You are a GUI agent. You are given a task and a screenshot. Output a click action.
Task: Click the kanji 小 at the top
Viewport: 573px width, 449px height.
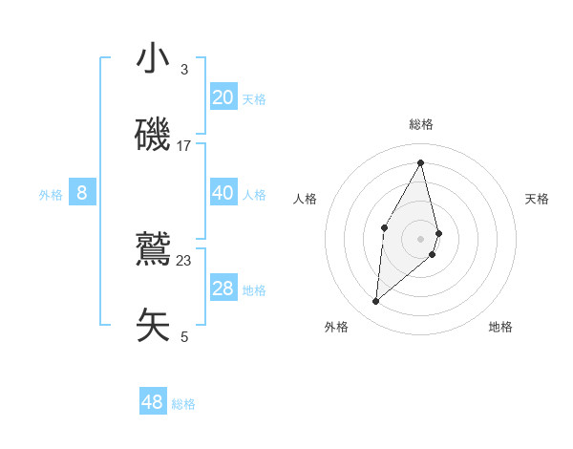tap(154, 58)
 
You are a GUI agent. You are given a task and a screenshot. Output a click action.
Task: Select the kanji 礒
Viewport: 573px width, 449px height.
tap(154, 135)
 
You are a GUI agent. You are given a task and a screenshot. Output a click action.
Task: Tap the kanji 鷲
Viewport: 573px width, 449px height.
tap(154, 249)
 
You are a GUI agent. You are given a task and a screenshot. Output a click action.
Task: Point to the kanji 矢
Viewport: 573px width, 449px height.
tap(154, 326)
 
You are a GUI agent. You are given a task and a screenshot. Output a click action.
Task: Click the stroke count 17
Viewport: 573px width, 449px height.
tap(184, 146)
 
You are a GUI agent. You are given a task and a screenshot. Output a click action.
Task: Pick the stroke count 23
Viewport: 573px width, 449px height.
tap(184, 261)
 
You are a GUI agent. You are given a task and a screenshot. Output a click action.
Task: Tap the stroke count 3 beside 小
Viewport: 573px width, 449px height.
tap(184, 70)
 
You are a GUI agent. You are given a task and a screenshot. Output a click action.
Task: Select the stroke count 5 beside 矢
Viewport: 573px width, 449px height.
tap(184, 337)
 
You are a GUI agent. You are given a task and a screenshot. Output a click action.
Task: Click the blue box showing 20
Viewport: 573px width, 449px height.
tap(223, 97)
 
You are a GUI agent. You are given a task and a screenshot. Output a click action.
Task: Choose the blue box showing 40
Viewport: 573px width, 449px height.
tap(223, 193)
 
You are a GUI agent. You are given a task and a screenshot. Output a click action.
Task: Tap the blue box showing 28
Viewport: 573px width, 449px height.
tap(223, 289)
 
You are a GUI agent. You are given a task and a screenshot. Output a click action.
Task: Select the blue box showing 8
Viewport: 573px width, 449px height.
tap(82, 193)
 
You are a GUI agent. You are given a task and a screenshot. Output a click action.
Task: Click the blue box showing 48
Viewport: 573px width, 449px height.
tap(153, 402)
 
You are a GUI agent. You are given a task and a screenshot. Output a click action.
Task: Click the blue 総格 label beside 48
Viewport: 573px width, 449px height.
tap(183, 404)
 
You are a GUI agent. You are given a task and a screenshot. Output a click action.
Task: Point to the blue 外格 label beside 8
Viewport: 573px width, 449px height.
tap(51, 195)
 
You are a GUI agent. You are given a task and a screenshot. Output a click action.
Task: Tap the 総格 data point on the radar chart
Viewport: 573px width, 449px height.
tap(421, 162)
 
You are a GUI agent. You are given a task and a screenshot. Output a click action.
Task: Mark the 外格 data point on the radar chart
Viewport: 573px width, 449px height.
tap(376, 302)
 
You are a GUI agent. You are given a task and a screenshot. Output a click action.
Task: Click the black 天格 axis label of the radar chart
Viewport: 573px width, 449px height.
tap(537, 199)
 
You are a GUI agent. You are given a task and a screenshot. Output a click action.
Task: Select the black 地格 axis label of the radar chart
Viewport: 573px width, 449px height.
tap(500, 327)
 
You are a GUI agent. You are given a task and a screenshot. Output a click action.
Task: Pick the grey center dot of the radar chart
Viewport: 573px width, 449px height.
tap(421, 238)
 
